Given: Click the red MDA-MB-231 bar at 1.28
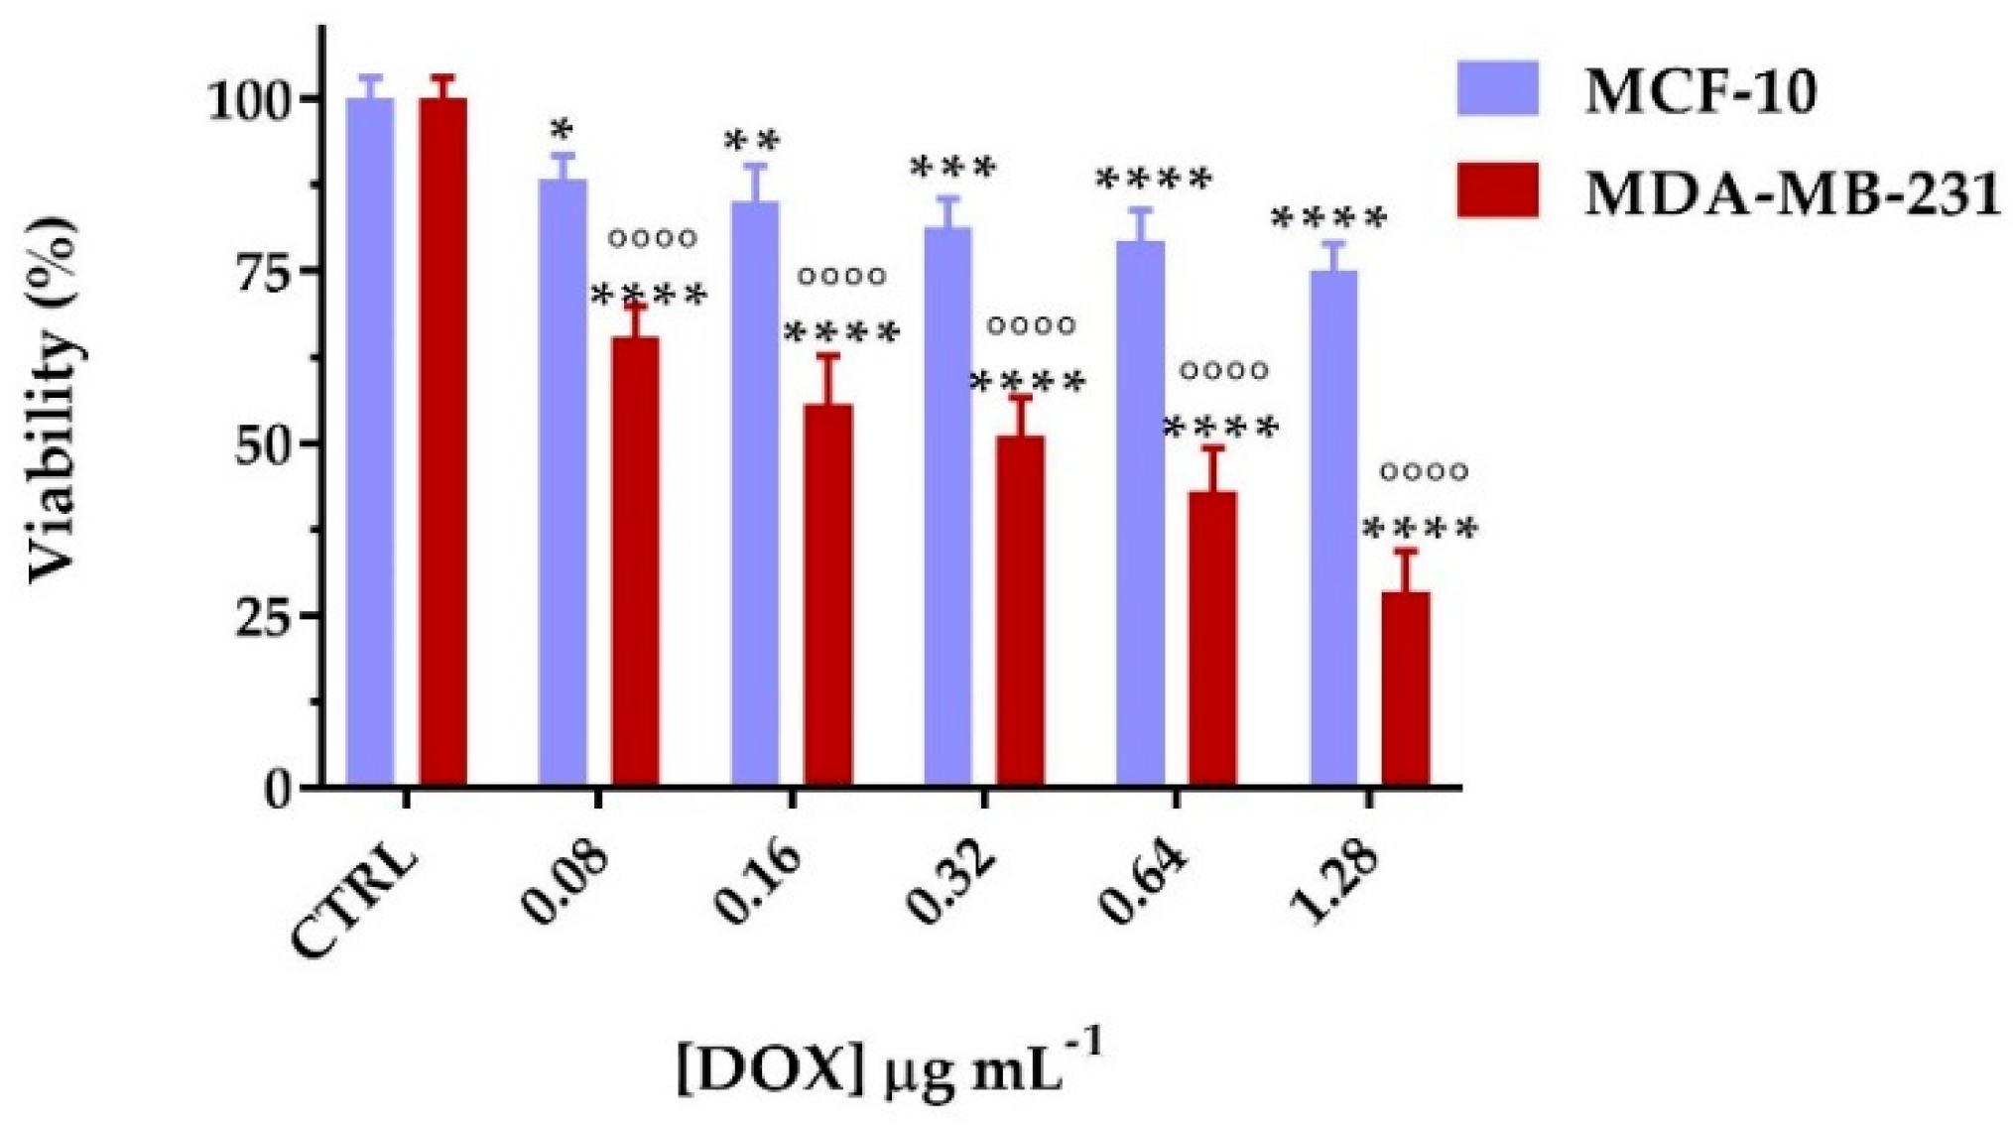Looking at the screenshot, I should pyautogui.click(x=1405, y=689).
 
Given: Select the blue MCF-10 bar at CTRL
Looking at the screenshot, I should pyautogui.click(x=370, y=441).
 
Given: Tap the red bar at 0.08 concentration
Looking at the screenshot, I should pyautogui.click(x=635, y=561).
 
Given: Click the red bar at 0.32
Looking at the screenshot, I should pyautogui.click(x=1020, y=610).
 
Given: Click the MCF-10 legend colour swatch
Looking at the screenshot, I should pyautogui.click(x=1497, y=89).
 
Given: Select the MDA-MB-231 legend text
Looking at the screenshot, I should pyautogui.click(x=1792, y=193).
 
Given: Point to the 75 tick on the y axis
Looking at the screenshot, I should pyautogui.click(x=260, y=271).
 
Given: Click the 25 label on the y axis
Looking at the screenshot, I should pyautogui.click(x=260, y=616).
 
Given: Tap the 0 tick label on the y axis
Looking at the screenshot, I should pyautogui.click(x=279, y=790).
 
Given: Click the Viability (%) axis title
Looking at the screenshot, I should pyautogui.click(x=52, y=402).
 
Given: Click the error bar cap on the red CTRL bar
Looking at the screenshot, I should pyautogui.click(x=442, y=76).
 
